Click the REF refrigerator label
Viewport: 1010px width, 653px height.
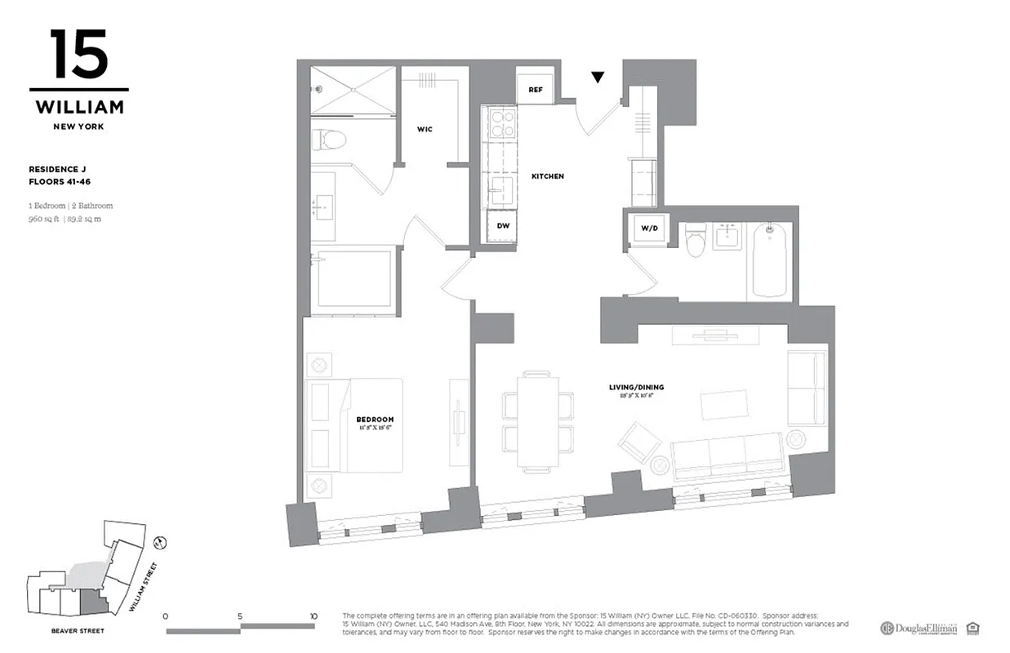click(536, 89)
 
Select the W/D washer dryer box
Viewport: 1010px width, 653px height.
click(649, 228)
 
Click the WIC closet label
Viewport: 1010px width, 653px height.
click(424, 128)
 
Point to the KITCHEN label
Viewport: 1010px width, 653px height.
click(547, 176)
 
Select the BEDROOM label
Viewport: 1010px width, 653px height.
click(375, 420)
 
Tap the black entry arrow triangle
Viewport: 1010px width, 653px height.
click(598, 78)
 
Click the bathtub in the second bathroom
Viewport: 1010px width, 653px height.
click(769, 260)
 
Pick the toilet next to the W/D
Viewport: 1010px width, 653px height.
click(696, 242)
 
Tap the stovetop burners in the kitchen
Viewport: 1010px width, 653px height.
click(500, 123)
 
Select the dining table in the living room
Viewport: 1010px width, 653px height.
click(536, 421)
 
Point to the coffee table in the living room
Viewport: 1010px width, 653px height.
click(724, 405)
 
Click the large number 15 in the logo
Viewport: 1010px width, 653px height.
click(78, 55)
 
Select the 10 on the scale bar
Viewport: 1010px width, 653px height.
click(314, 616)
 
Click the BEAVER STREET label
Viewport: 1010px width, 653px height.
click(76, 631)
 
